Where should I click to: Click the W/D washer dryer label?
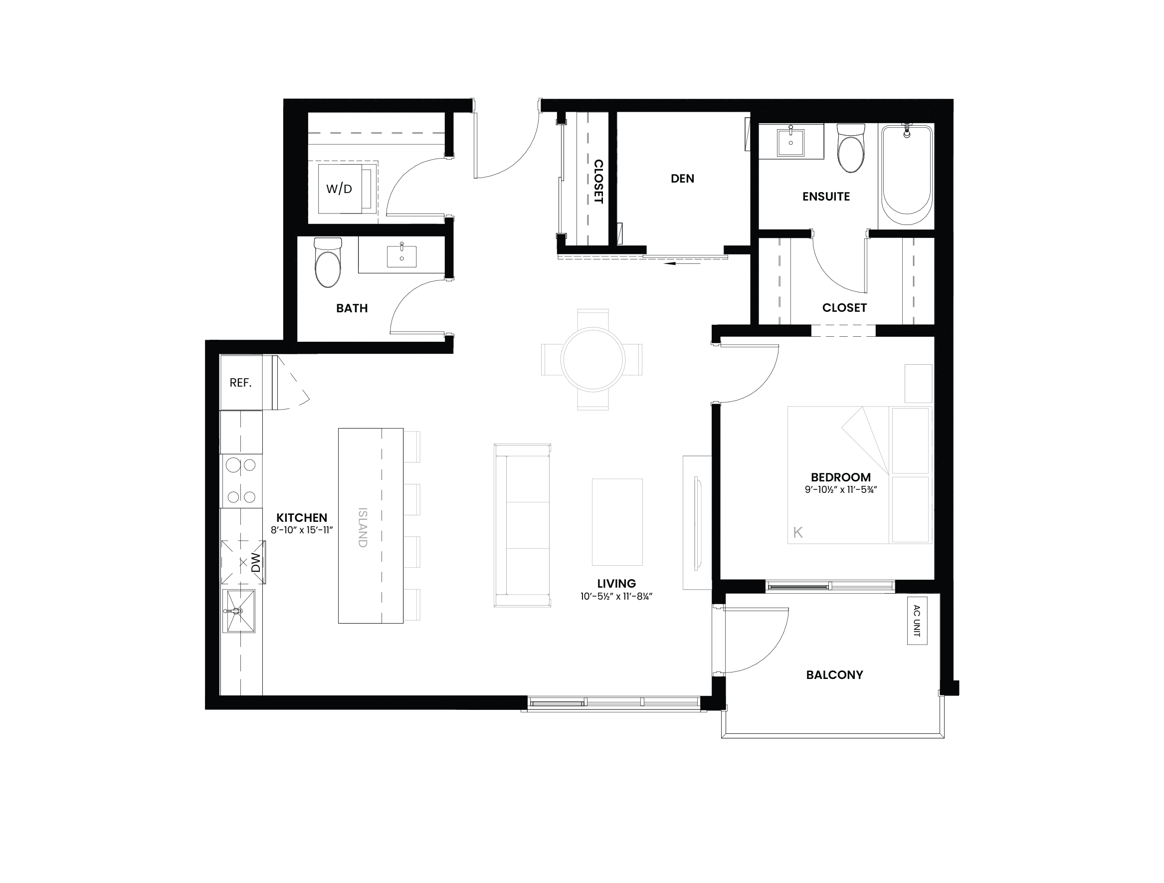(339, 189)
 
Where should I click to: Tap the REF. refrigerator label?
(240, 383)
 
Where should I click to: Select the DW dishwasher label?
(256, 562)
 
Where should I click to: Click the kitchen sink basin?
(240, 611)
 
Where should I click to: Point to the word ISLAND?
(363, 527)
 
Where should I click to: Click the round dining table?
(592, 360)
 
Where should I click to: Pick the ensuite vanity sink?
(790, 141)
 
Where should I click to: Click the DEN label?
(683, 179)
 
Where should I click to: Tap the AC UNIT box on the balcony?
(917, 620)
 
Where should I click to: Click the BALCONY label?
(834, 674)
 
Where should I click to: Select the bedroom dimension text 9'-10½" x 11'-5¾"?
(841, 489)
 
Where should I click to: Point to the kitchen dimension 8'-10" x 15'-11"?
(302, 530)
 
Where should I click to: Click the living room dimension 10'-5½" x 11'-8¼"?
(616, 596)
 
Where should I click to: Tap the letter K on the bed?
(798, 532)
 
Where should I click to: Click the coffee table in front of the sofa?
(617, 522)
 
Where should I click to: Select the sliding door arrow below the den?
(683, 263)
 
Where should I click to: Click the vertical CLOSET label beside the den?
(598, 182)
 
